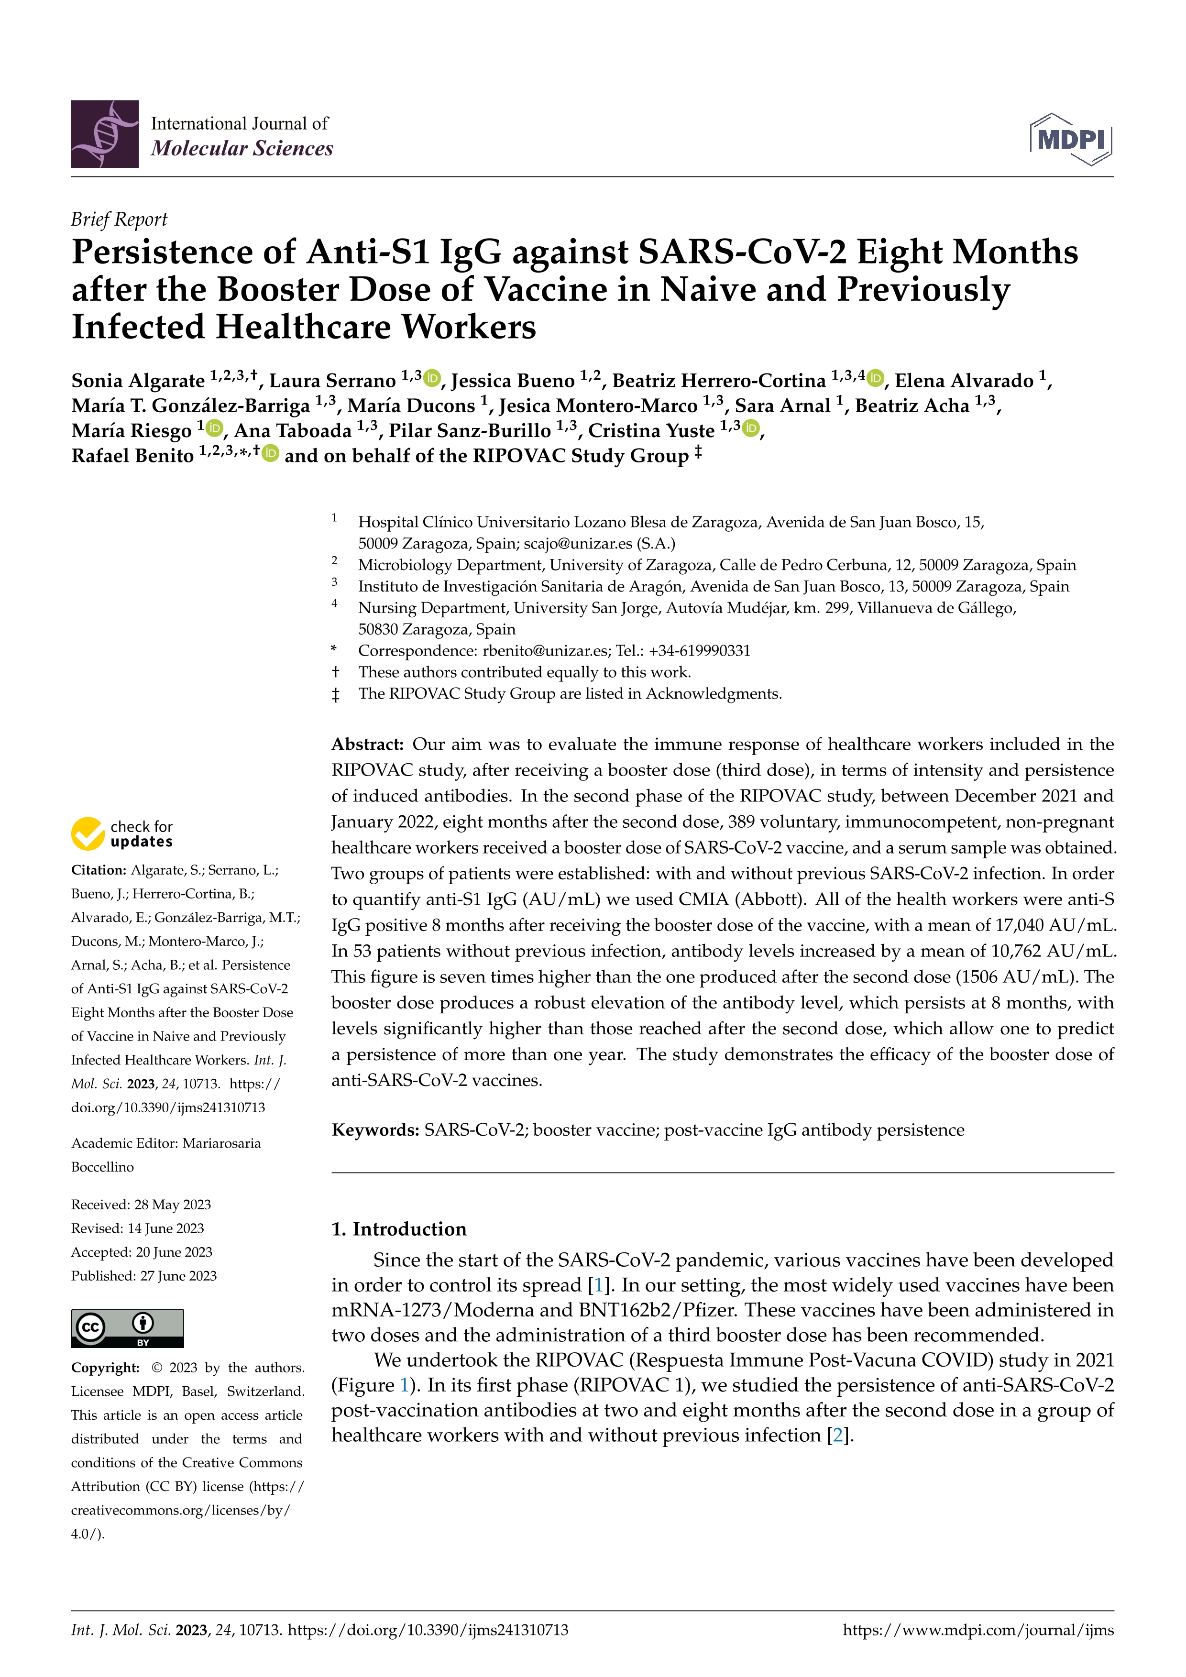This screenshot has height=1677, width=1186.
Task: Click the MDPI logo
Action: click(1071, 139)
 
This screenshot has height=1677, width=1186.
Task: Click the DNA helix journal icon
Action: click(104, 134)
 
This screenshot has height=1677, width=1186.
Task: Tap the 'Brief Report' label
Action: click(119, 219)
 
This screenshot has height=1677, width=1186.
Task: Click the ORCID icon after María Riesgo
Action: click(215, 428)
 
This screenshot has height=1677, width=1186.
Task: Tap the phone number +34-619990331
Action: click(699, 651)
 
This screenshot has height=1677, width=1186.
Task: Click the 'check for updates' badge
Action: click(122, 833)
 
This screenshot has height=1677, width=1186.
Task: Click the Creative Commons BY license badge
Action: click(127, 1328)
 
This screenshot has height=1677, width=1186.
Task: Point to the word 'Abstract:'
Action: click(367, 744)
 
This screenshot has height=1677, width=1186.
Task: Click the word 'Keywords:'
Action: click(374, 1130)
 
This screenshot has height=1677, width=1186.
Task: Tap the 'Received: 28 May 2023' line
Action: click(141, 1205)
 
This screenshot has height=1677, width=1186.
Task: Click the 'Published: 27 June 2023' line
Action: click(144, 1275)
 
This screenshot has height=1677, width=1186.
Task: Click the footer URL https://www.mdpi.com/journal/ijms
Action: click(978, 1630)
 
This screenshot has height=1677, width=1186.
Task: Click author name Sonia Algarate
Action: click(138, 381)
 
